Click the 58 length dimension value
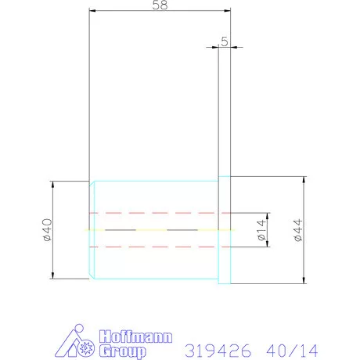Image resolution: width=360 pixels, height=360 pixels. click(160, 5)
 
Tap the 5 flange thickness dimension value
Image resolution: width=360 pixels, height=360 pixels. click(225, 41)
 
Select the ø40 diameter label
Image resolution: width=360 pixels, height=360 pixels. click(48, 230)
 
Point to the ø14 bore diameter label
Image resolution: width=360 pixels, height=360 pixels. click(261, 230)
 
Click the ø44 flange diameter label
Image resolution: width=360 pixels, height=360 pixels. click(298, 230)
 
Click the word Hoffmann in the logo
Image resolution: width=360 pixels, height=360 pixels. click(135, 337)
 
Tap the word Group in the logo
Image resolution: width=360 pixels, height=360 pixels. click(123, 351)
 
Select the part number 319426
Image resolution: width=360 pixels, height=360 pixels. click(218, 351)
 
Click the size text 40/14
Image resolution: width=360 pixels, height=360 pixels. click(292, 351)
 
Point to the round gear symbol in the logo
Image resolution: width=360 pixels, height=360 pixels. click(86, 348)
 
